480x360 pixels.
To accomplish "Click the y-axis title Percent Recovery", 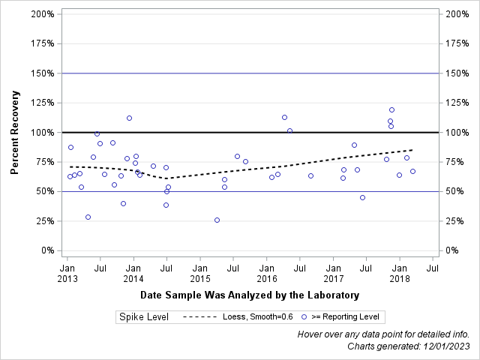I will point(14,133).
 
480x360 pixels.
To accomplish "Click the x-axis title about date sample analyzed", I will point(250,295).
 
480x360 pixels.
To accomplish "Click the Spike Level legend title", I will point(143,317).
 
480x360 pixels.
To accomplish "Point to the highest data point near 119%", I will point(391,110).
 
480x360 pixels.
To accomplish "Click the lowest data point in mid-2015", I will point(217,220).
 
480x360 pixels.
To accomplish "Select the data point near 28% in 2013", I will point(88,217).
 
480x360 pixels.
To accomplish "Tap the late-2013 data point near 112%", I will point(129,118).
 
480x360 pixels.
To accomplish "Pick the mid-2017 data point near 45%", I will point(362,198).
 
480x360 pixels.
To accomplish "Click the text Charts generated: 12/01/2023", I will point(408,346).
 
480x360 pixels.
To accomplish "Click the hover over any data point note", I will point(383,334).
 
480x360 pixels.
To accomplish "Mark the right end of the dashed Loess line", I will point(412,150).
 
